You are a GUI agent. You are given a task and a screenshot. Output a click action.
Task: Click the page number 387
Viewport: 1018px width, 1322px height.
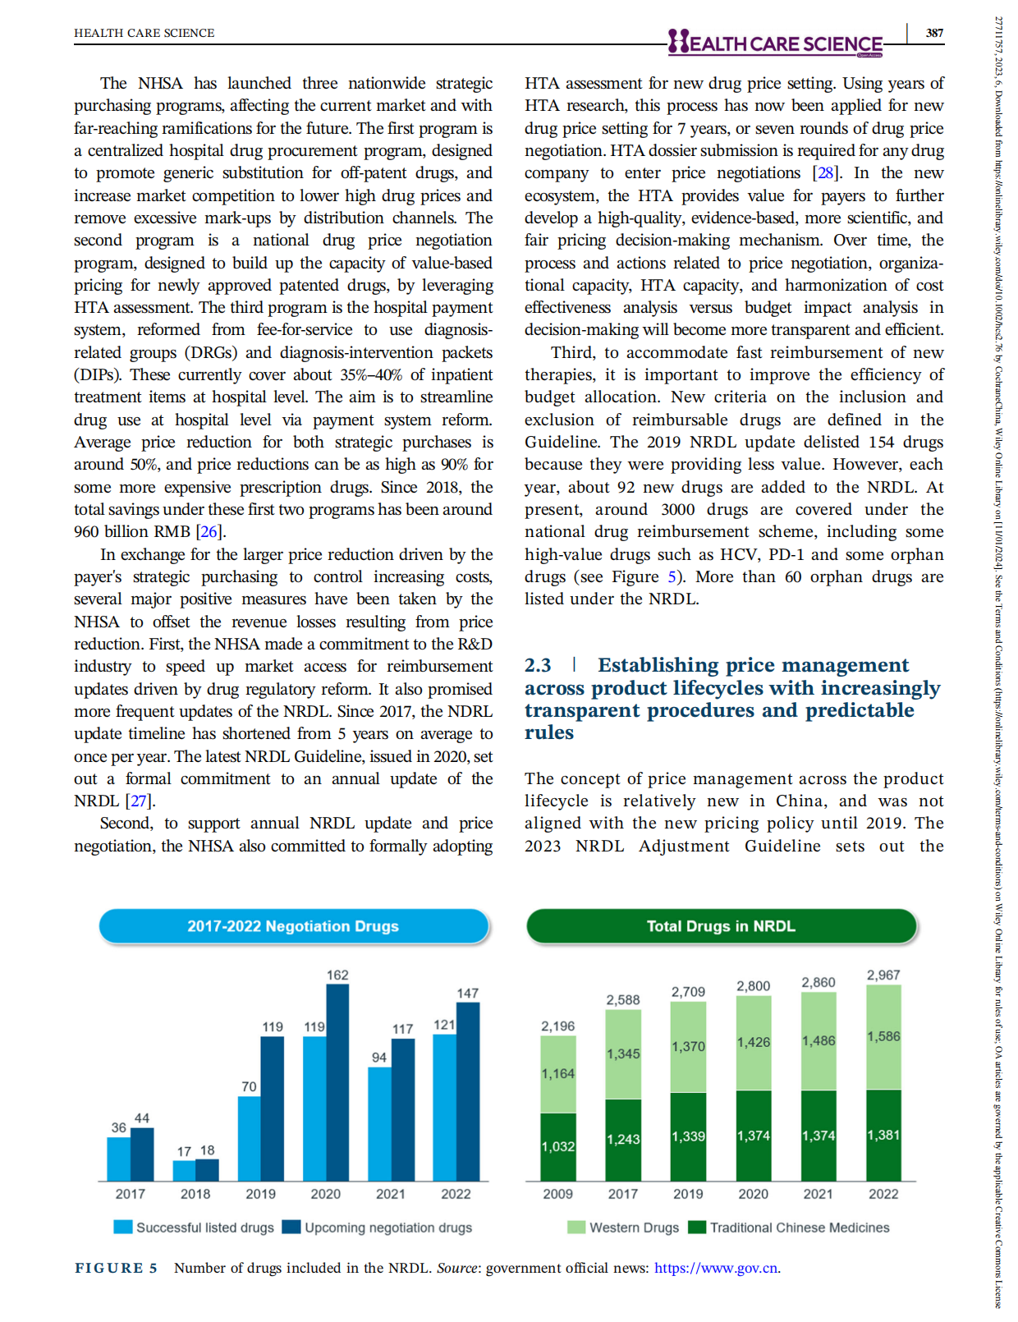pos(934,33)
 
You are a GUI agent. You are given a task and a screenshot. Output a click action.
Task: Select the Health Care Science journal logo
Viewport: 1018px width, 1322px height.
pos(775,43)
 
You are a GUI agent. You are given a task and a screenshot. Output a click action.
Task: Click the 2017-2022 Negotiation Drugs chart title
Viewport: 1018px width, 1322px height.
pos(293,926)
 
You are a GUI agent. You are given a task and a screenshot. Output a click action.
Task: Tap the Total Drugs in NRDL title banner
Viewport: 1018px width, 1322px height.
pos(721,926)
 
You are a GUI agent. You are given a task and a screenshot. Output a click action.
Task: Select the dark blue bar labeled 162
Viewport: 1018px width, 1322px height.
pos(337,1082)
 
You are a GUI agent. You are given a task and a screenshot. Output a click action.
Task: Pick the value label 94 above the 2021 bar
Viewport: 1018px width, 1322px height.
pos(378,1058)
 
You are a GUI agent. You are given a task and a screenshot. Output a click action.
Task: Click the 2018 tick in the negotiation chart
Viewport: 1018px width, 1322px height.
pos(195,1194)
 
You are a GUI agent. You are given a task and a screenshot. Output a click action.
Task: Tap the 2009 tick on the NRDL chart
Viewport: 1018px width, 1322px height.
pos(557,1194)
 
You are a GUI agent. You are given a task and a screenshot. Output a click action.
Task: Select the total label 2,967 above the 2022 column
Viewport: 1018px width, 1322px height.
pos(883,975)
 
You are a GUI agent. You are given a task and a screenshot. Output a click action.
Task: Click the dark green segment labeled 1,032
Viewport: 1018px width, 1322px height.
pos(557,1147)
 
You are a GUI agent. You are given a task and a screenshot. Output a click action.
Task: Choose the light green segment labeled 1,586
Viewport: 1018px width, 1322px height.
pos(883,1037)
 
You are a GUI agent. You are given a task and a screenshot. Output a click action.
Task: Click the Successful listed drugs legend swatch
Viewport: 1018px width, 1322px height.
pos(123,1228)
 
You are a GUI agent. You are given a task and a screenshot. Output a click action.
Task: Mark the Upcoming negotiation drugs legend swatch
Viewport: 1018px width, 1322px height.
pos(291,1228)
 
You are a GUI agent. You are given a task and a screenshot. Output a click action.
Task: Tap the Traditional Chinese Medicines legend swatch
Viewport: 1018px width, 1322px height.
pos(697,1228)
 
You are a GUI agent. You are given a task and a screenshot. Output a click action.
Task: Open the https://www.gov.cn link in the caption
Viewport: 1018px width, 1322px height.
pos(716,1268)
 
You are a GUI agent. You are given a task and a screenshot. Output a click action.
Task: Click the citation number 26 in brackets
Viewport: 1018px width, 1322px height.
pos(209,531)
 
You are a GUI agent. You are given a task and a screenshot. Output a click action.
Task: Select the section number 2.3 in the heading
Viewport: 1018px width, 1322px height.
pos(538,665)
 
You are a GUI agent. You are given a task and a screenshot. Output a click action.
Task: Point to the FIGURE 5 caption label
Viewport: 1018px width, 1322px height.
pos(116,1268)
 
